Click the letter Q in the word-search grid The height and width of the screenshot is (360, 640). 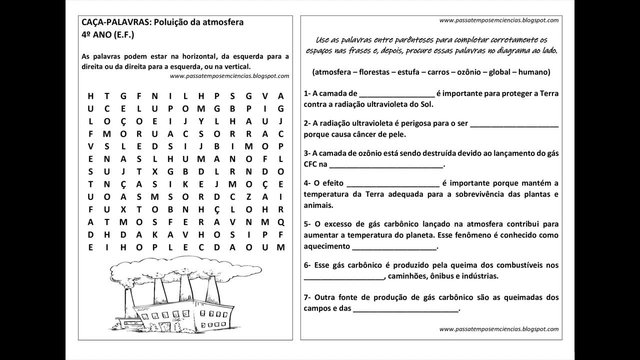[280, 222]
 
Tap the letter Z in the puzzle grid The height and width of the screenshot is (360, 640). [248, 196]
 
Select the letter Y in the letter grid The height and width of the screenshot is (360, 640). [201, 121]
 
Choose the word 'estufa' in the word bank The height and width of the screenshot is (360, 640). [409, 72]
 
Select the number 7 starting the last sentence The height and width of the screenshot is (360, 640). [305, 297]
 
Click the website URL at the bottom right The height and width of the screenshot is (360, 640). [498, 329]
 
